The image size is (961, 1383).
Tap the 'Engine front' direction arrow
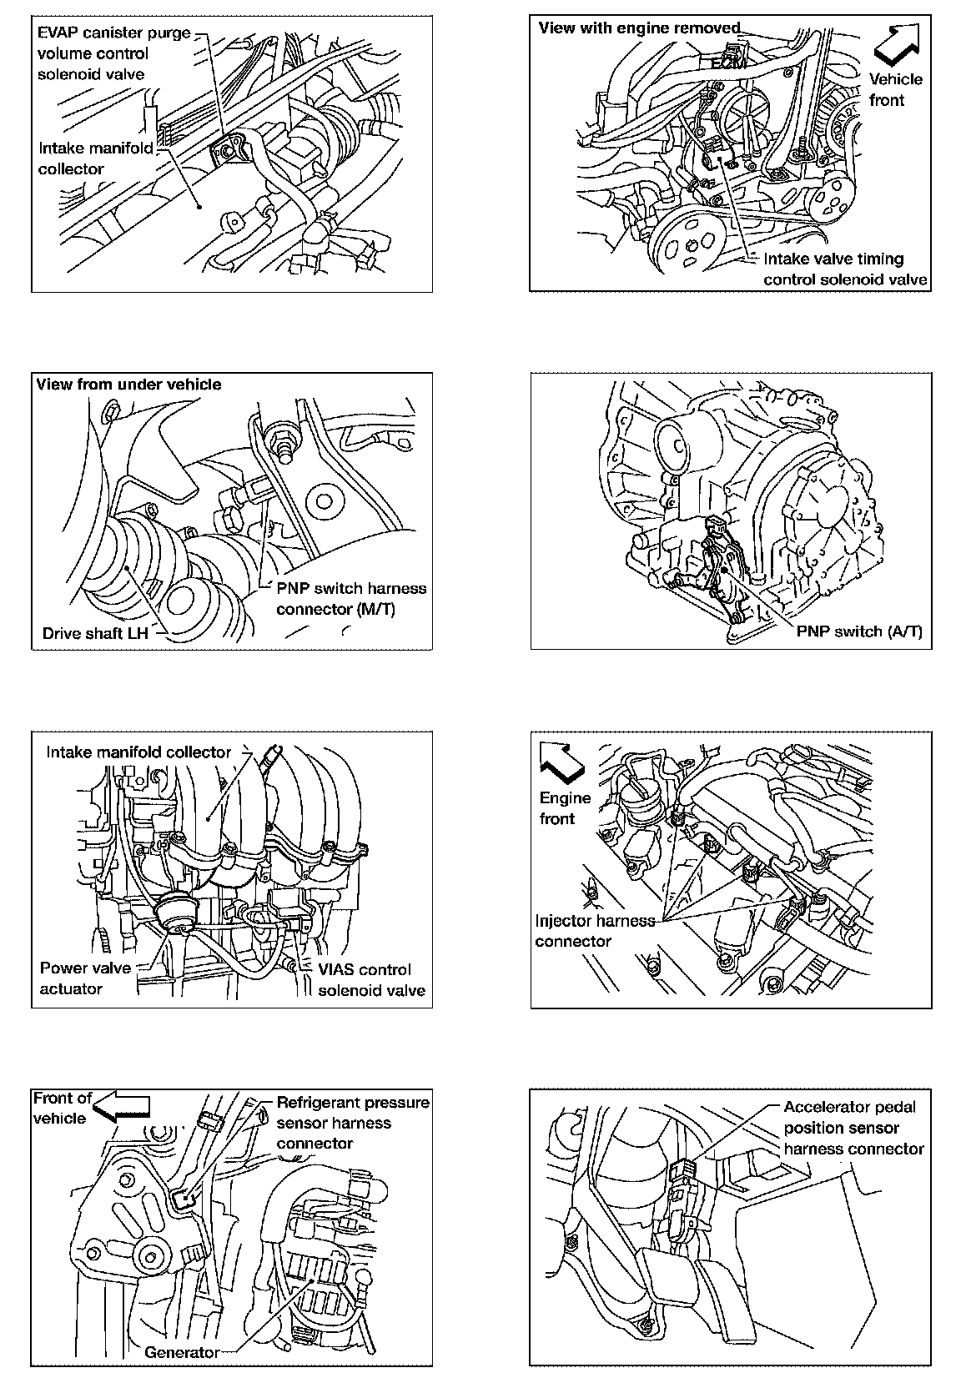click(561, 762)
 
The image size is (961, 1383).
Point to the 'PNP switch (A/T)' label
click(859, 631)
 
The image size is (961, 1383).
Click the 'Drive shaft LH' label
click(95, 633)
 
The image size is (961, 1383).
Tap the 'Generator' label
click(182, 1352)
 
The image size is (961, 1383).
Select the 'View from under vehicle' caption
click(128, 385)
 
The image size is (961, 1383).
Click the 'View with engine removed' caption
click(639, 28)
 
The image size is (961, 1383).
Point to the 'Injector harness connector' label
click(595, 931)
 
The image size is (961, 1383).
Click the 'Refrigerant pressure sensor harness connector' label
click(352, 1123)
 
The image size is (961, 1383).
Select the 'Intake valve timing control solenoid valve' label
click(844, 269)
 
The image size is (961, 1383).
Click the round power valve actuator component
click(176, 911)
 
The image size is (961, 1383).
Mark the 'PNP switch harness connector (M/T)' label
click(350, 598)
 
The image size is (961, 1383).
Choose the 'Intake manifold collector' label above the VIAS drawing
click(138, 752)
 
